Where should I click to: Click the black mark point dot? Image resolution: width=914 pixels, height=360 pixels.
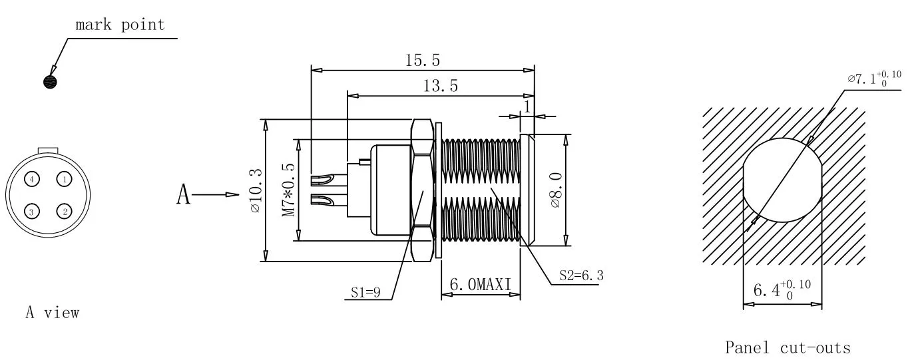[50, 82]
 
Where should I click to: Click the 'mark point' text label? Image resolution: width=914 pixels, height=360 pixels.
[120, 25]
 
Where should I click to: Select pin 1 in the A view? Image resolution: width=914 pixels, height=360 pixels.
[64, 179]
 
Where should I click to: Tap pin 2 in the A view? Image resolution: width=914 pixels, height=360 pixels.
[64, 211]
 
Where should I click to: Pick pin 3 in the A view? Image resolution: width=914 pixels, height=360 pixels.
[31, 212]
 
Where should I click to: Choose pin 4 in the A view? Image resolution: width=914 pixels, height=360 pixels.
[32, 179]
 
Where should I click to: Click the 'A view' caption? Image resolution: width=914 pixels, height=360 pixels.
[53, 313]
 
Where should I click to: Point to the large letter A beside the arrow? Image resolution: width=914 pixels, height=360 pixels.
[184, 194]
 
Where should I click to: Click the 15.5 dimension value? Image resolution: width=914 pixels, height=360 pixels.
[423, 61]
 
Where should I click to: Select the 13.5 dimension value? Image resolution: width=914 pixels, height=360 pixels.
[440, 86]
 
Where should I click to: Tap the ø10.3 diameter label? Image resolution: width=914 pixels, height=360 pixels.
[256, 190]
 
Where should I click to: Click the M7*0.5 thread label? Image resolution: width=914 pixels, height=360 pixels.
[288, 190]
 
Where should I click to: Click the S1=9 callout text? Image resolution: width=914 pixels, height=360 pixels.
[365, 292]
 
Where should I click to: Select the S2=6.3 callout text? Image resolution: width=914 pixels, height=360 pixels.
[581, 276]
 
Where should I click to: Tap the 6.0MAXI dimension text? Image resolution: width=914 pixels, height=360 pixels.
[481, 285]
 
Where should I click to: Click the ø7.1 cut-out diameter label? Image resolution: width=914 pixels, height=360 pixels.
[874, 79]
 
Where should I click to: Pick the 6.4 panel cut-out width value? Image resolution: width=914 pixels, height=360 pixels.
[782, 290]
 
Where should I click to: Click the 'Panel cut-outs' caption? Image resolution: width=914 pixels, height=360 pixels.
[788, 348]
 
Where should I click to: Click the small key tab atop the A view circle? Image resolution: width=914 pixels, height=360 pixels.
[48, 151]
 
